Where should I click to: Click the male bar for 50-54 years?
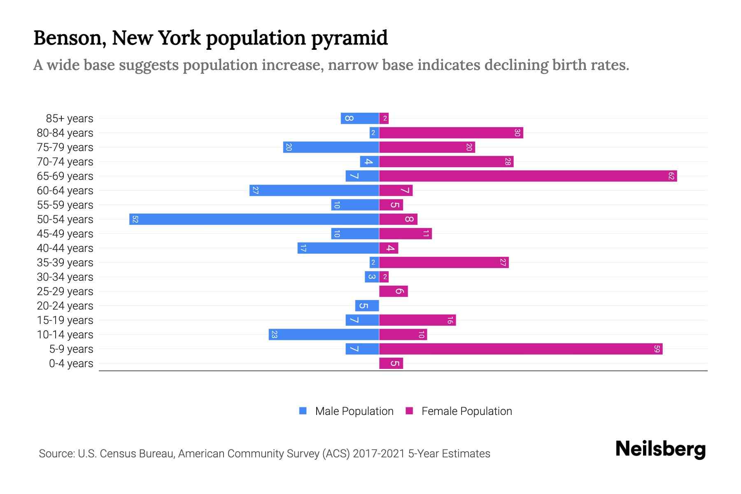pos(254,219)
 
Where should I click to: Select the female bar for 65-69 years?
pos(528,176)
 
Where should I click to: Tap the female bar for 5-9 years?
pos(521,349)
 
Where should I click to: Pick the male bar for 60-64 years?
pos(314,191)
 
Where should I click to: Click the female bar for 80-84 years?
pos(451,133)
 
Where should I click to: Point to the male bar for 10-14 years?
pos(324,335)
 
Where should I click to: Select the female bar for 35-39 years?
pos(444,263)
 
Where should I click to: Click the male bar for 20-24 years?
pos(367,306)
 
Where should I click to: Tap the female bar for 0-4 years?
pos(391,364)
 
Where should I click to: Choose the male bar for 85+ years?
pos(360,119)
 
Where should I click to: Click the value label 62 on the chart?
pos(671,176)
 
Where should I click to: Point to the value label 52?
pos(135,219)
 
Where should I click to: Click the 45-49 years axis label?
pos(65,234)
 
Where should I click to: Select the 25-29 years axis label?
pos(65,291)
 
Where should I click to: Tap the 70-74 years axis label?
pos(65,162)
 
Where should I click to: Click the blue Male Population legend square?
pos(303,411)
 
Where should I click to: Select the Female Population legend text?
pos(466,411)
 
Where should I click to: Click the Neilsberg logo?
pos(660,449)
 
